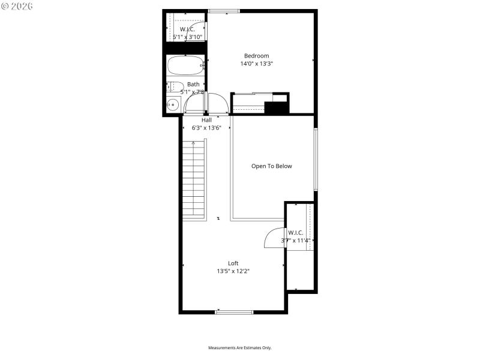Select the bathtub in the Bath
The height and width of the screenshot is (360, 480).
tap(185, 65)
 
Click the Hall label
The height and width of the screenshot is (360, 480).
tap(206, 120)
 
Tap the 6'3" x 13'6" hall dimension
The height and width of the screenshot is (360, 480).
tap(206, 128)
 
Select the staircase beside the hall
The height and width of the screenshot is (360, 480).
tap(194, 180)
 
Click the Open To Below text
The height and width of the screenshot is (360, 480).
tap(271, 166)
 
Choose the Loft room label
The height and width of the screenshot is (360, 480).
tap(233, 263)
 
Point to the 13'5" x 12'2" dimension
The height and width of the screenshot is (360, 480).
tap(233, 271)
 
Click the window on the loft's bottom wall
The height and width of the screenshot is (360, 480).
tap(234, 311)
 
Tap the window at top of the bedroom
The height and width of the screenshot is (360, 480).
tap(224, 11)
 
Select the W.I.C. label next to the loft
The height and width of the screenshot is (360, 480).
tap(295, 233)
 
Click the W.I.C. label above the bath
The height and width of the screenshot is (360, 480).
tap(187, 29)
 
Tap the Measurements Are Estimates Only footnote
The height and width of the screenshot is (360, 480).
tap(240, 348)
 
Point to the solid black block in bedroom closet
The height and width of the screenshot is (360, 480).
tap(277, 109)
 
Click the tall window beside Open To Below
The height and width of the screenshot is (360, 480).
tap(315, 160)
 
